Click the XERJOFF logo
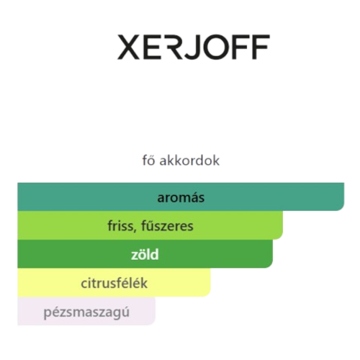point(194,47)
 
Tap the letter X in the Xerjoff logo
point(128,47)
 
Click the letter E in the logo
point(151,47)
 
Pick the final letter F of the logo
point(261,47)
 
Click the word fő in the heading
point(148,160)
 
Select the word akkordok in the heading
point(189,160)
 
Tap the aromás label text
point(181,197)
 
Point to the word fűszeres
point(167,225)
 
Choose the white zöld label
point(145,254)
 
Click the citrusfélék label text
point(114,283)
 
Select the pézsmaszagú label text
point(86,312)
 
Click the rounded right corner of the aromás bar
point(342,209)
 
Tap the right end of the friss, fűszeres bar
point(282,225)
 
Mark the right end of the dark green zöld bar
point(272,254)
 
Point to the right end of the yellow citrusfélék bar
point(210,282)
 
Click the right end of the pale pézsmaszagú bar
point(155,311)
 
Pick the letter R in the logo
point(173,47)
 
